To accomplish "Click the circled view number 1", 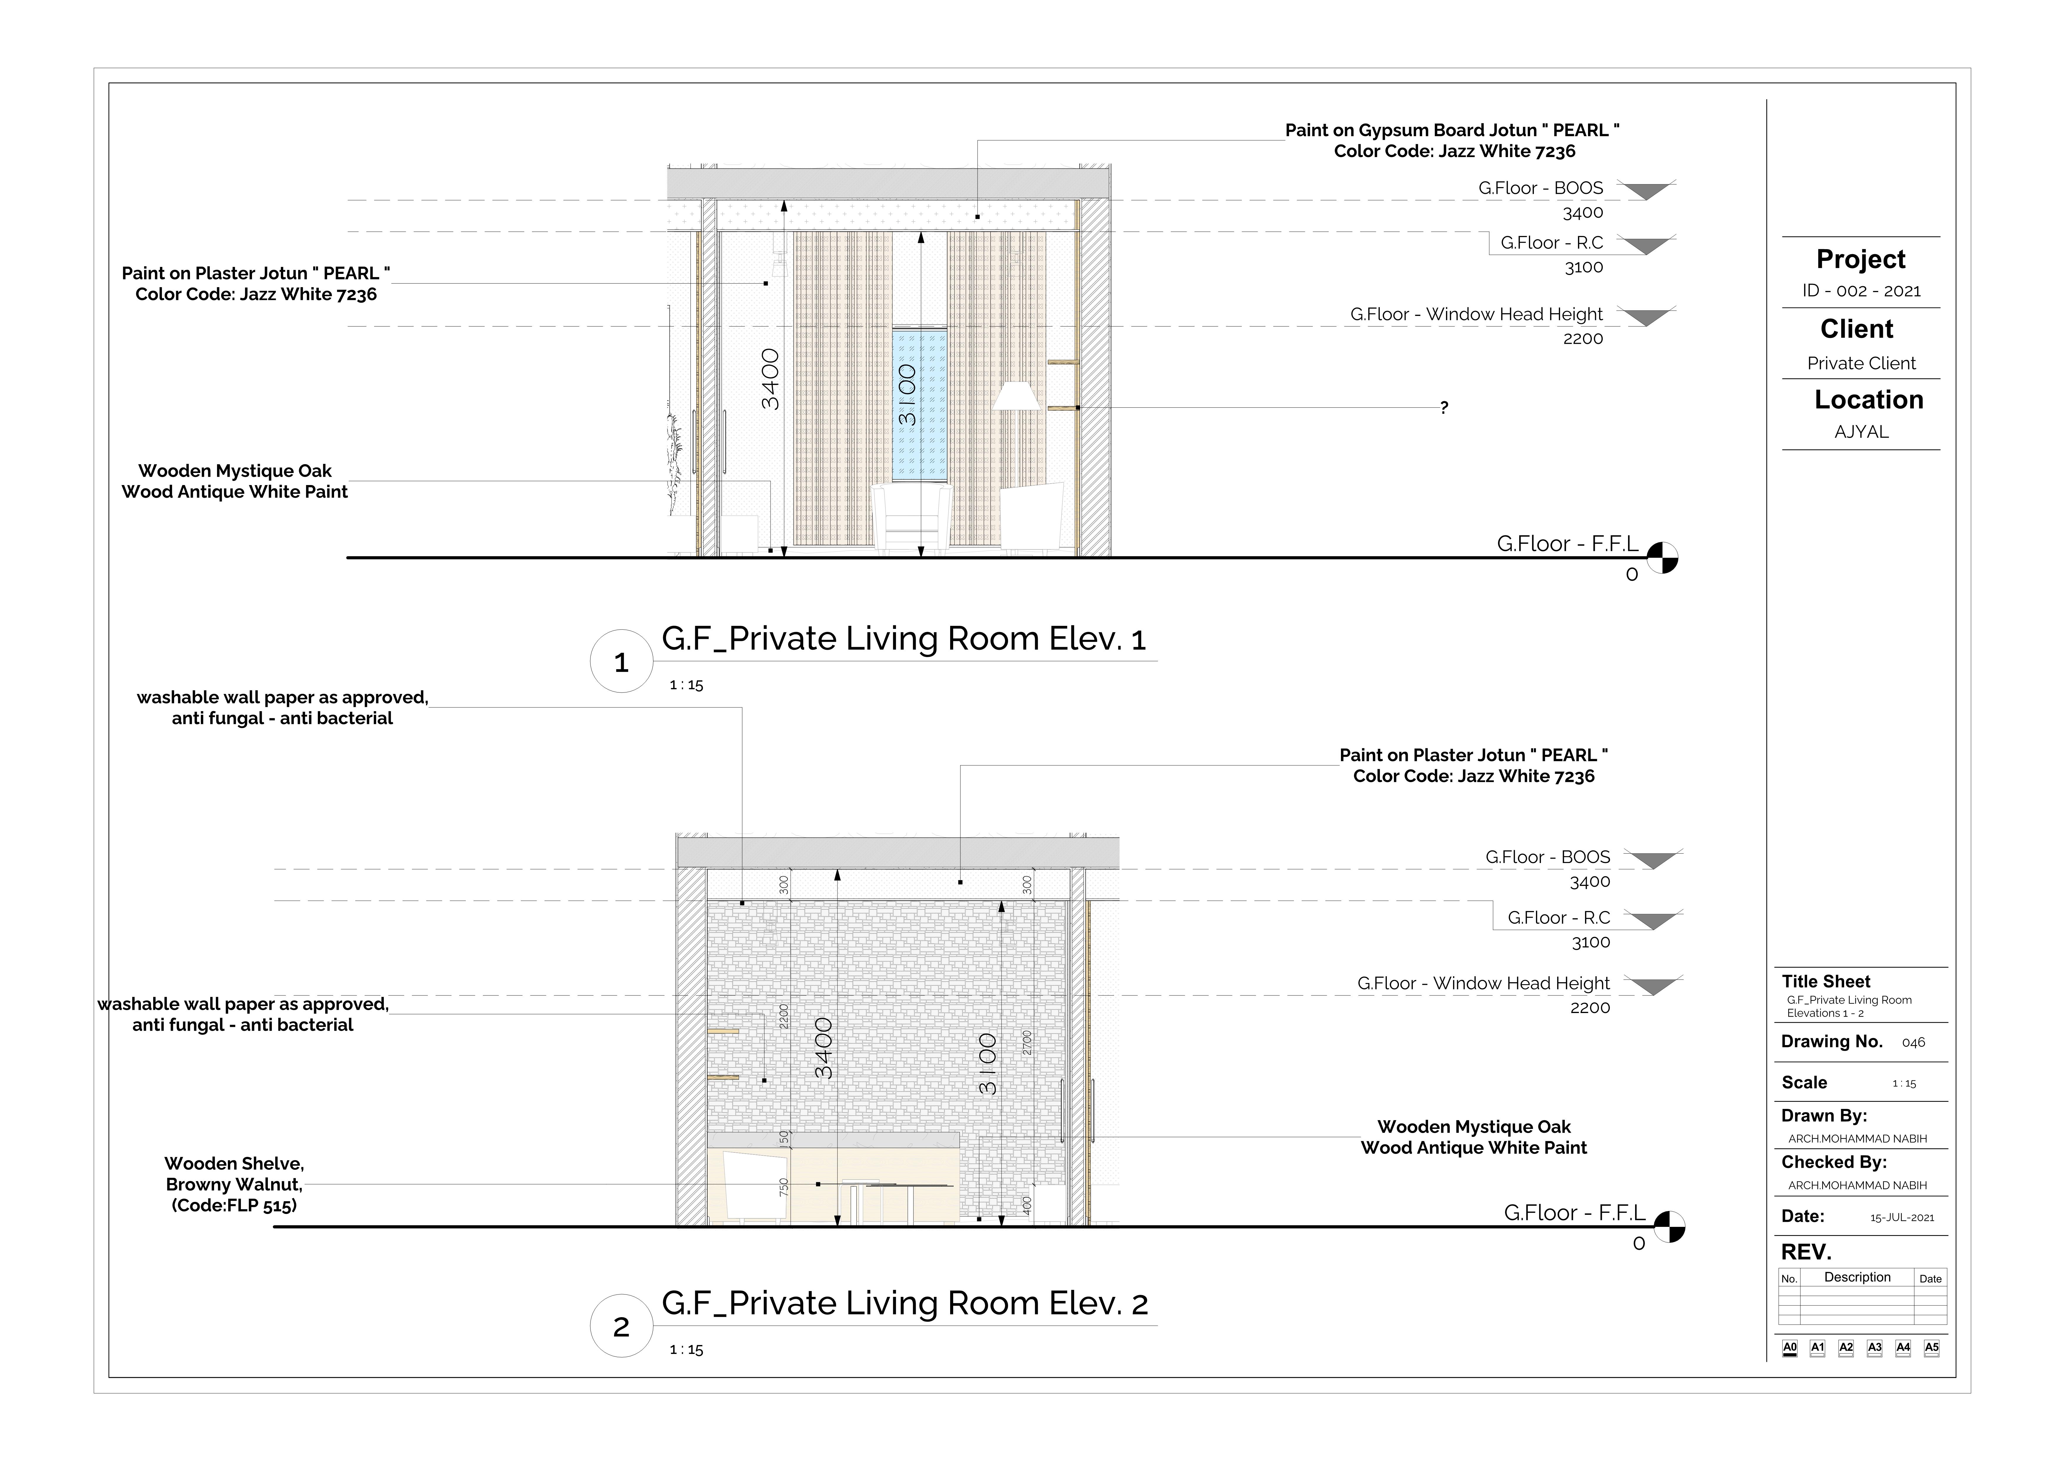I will point(620,662).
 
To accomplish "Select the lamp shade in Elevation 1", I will point(1015,396).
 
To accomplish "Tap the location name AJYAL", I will point(1861,432).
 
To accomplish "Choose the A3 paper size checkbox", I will point(1874,1348).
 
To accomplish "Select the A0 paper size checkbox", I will point(1790,1348).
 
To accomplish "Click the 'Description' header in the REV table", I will point(1856,1277).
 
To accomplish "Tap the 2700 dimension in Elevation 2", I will point(1027,1044).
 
